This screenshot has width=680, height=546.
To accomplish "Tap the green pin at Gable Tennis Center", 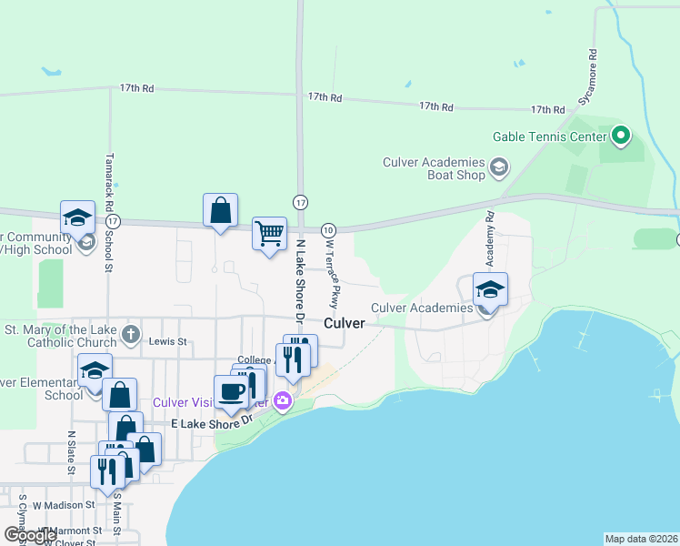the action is coord(622,136).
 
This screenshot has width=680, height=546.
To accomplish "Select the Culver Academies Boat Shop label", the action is coord(435,168).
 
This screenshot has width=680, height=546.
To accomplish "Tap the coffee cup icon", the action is coord(231,392).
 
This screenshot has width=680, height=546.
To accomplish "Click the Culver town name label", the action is coord(345,323).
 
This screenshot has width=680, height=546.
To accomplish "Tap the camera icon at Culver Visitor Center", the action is coord(283,400).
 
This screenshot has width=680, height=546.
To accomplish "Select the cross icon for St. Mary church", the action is coord(131,333).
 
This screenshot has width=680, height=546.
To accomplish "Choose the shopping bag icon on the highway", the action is coord(220,211).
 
